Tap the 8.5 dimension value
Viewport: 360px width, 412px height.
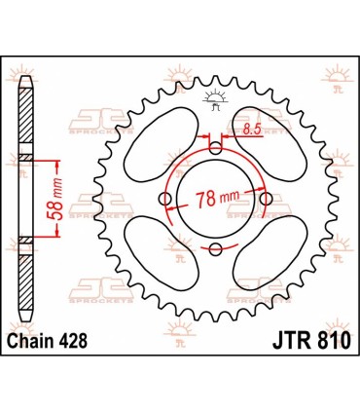(x=251, y=128)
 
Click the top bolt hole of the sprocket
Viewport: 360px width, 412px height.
(x=215, y=149)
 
